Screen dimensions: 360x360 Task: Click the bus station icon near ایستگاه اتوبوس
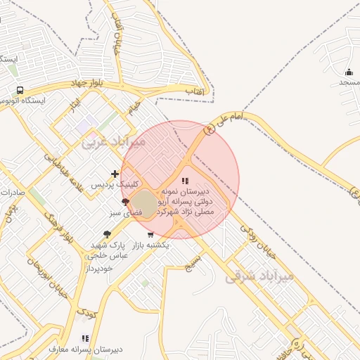point(20,90)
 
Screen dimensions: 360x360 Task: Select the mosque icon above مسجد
point(349,72)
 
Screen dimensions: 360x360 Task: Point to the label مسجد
point(349,83)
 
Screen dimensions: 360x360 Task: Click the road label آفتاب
point(195,91)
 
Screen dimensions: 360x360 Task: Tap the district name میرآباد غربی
point(113,141)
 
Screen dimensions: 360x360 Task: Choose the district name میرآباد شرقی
point(258,276)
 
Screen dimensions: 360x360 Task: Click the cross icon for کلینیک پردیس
point(115,174)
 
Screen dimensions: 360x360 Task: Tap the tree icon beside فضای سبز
point(125,202)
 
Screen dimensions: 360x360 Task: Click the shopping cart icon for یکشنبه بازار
point(150,235)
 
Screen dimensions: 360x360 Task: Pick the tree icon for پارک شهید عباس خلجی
point(107,234)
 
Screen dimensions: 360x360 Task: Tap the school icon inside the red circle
point(185,181)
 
